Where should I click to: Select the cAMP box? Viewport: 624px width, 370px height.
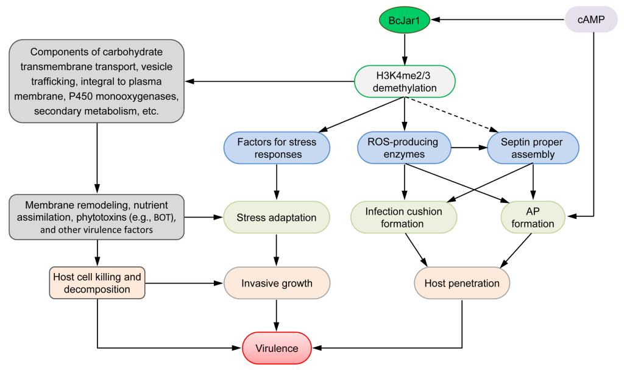[592, 21]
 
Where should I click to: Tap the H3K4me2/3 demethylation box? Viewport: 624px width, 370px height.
[405, 81]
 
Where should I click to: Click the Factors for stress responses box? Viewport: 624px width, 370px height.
[277, 148]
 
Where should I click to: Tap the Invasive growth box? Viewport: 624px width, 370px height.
[277, 283]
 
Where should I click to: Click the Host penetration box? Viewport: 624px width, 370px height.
[462, 284]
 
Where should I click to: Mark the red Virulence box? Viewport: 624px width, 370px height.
[277, 348]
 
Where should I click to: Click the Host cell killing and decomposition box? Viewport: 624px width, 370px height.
[97, 283]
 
